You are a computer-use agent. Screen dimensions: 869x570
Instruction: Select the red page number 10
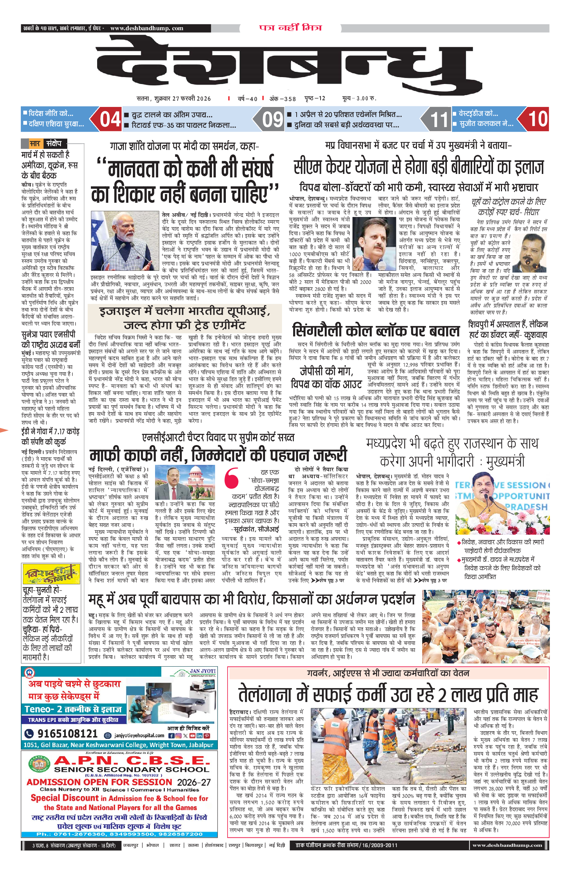(538, 119)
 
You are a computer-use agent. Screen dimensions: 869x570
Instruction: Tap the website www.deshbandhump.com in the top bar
(147, 28)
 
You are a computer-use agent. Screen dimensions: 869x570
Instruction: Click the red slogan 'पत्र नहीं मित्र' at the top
(290, 28)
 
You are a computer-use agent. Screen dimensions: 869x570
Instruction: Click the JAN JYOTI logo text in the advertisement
(203, 671)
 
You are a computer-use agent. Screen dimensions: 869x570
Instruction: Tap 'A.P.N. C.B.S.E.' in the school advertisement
(132, 761)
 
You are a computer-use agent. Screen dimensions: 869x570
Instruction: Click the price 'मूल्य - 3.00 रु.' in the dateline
(359, 98)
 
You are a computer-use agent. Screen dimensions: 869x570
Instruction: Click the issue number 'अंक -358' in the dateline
(283, 99)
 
